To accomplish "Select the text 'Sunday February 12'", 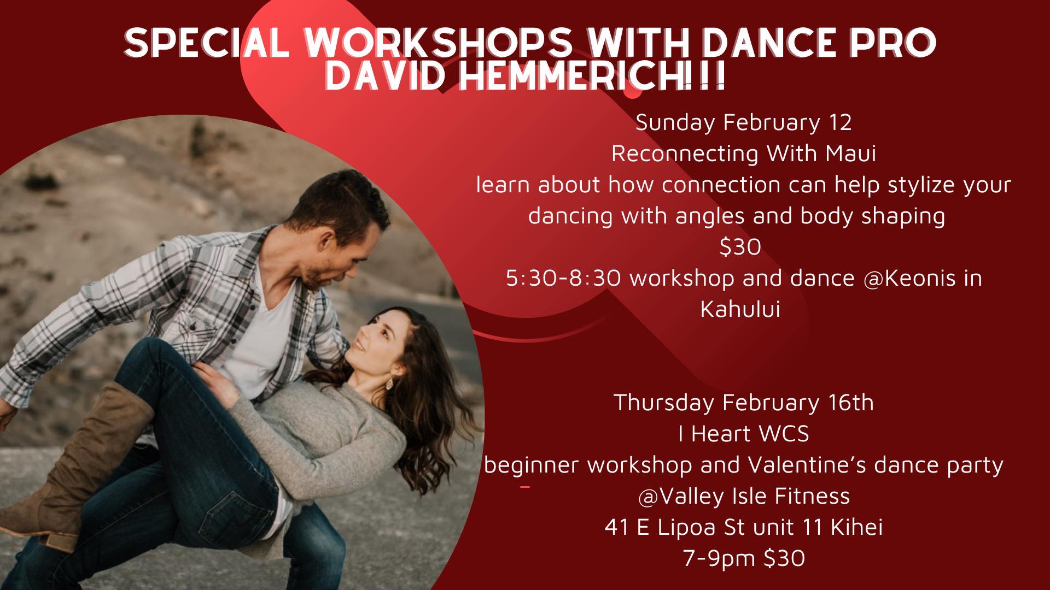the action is point(743,122).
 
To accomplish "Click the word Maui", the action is point(850,154).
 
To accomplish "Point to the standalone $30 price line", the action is point(740,247).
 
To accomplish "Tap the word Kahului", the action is point(740,309).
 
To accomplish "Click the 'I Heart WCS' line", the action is point(743,434).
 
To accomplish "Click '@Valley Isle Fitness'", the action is point(744,497).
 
